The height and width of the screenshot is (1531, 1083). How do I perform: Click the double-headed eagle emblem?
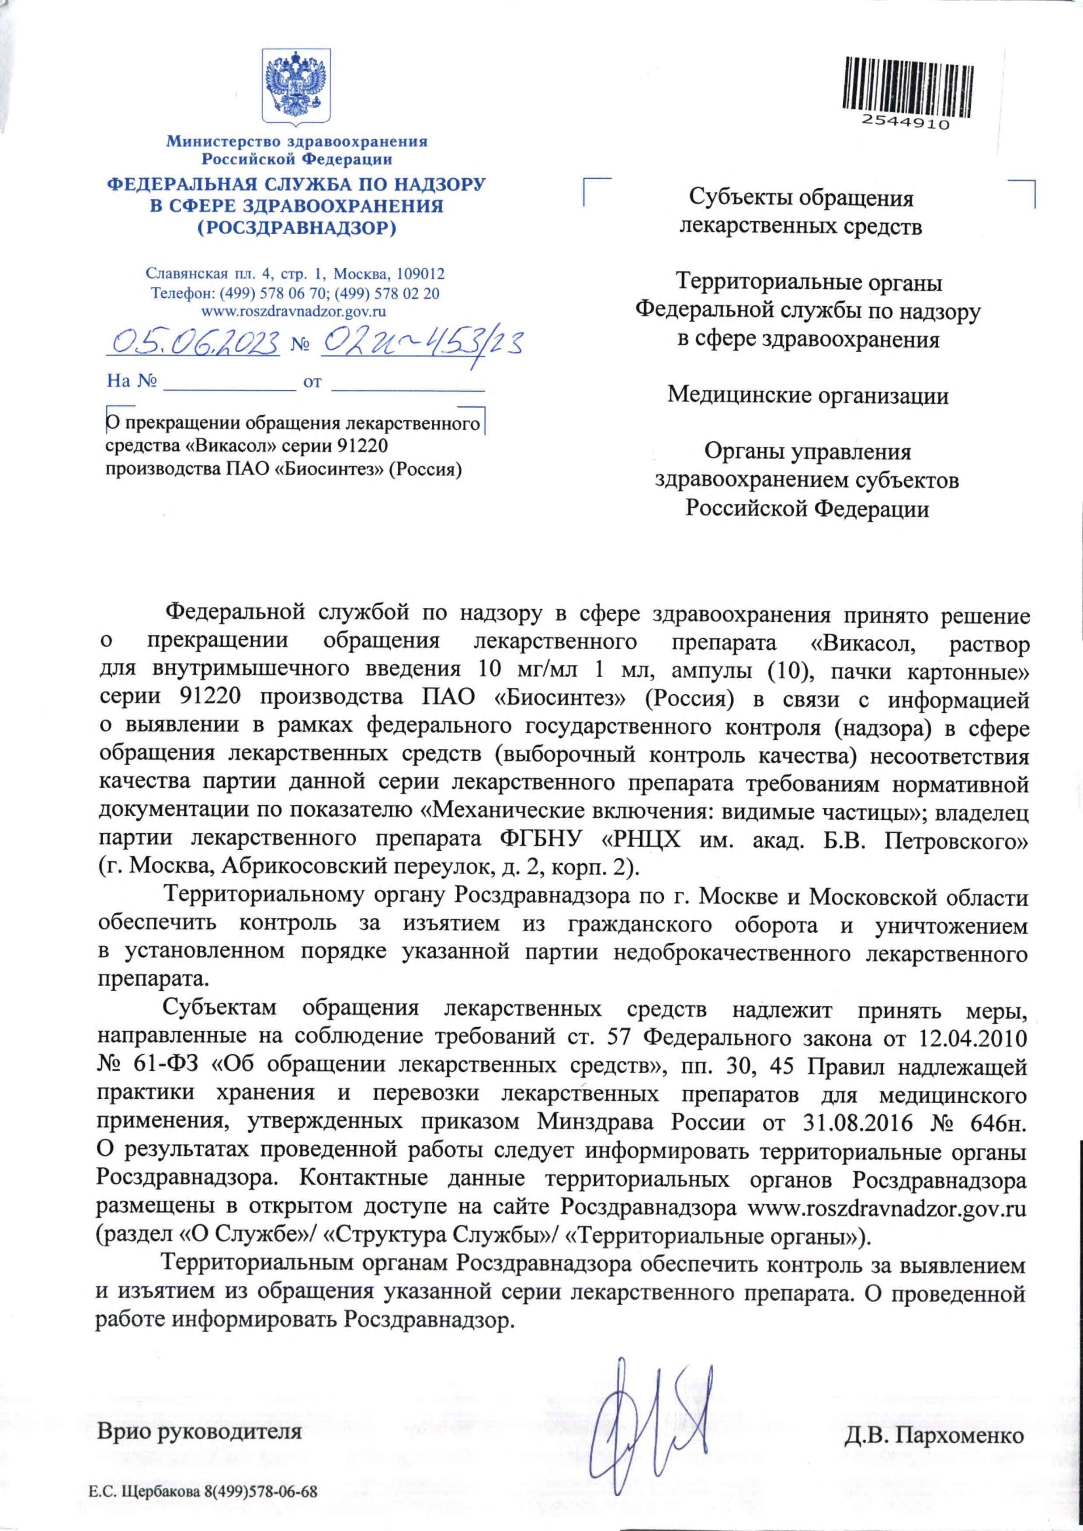tap(296, 85)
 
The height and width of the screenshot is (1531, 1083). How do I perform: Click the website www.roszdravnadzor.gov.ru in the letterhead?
tap(294, 311)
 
